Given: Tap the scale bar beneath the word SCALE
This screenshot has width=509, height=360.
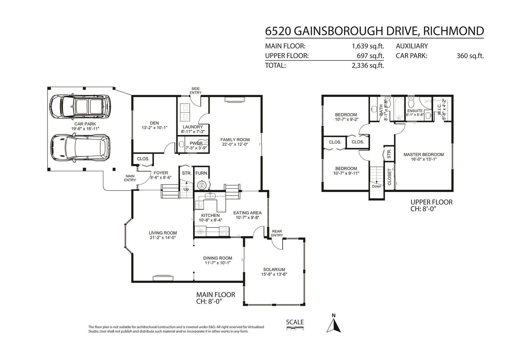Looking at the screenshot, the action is tap(295, 329).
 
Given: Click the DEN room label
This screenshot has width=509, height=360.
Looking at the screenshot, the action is tap(155, 123).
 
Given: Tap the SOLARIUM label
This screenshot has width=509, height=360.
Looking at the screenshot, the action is tap(274, 270).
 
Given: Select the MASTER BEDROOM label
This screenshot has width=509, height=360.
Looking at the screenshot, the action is tap(424, 154).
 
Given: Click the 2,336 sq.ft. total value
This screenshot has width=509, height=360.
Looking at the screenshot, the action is tap(368, 66).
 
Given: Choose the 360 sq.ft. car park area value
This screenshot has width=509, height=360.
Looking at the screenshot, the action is tap(470, 56).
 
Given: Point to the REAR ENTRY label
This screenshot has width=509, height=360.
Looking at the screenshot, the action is tap(277, 233).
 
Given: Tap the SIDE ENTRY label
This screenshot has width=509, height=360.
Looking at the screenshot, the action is tap(195, 91).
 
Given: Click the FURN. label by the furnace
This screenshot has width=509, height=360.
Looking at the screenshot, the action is tap(202, 173).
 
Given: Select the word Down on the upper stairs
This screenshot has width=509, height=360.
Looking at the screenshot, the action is tap(376, 186).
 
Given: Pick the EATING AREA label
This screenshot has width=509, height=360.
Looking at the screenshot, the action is tap(247, 213).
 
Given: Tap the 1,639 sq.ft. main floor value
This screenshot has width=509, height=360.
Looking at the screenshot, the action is tap(368, 46).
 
